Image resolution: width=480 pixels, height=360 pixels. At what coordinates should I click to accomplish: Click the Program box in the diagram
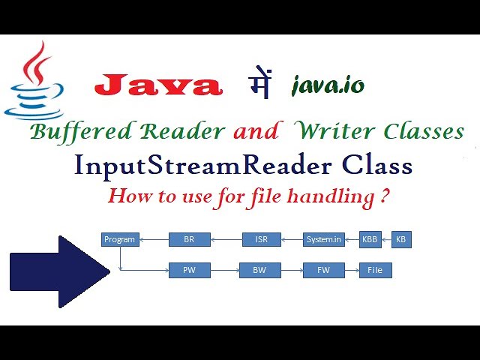pos(119,240)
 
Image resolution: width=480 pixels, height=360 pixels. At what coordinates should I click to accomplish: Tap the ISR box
pos(262,240)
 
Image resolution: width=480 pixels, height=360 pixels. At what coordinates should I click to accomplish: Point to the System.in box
pos(324,240)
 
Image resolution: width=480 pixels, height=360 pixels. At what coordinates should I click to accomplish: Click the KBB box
pos(370,240)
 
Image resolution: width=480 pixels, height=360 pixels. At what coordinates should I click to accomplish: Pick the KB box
pos(401,240)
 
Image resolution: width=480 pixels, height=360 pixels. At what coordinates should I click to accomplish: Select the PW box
pos(189,270)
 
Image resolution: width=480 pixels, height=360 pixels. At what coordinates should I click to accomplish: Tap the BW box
pos(259,270)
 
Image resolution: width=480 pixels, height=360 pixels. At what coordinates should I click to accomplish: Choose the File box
pos(375,270)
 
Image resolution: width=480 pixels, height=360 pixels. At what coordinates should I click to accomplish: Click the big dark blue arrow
pos(56,271)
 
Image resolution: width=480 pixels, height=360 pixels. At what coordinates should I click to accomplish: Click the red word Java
pos(158,85)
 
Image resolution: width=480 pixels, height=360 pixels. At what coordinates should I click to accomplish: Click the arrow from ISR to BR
pos(226,240)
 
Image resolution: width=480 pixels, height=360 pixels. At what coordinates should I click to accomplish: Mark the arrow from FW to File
pos(352,270)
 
